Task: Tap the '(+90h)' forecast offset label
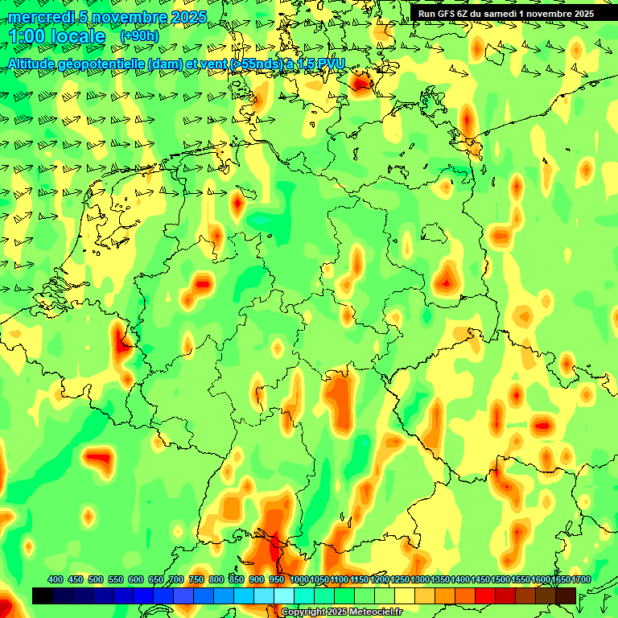coord(139,35)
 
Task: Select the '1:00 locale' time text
coord(57,36)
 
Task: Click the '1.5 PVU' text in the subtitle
coord(322,64)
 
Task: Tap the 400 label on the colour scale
coord(56,580)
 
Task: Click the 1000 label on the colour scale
coord(299,580)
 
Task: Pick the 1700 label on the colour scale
coord(561,580)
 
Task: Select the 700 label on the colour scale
coord(176,580)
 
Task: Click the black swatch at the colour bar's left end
coord(43,595)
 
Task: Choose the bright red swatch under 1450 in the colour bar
coord(485,595)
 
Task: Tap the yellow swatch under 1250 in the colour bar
coord(405,595)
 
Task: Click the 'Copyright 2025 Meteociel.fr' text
coord(340,612)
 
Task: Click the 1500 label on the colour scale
coord(501,580)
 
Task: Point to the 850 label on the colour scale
coord(237,580)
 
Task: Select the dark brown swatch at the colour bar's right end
coord(566,595)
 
